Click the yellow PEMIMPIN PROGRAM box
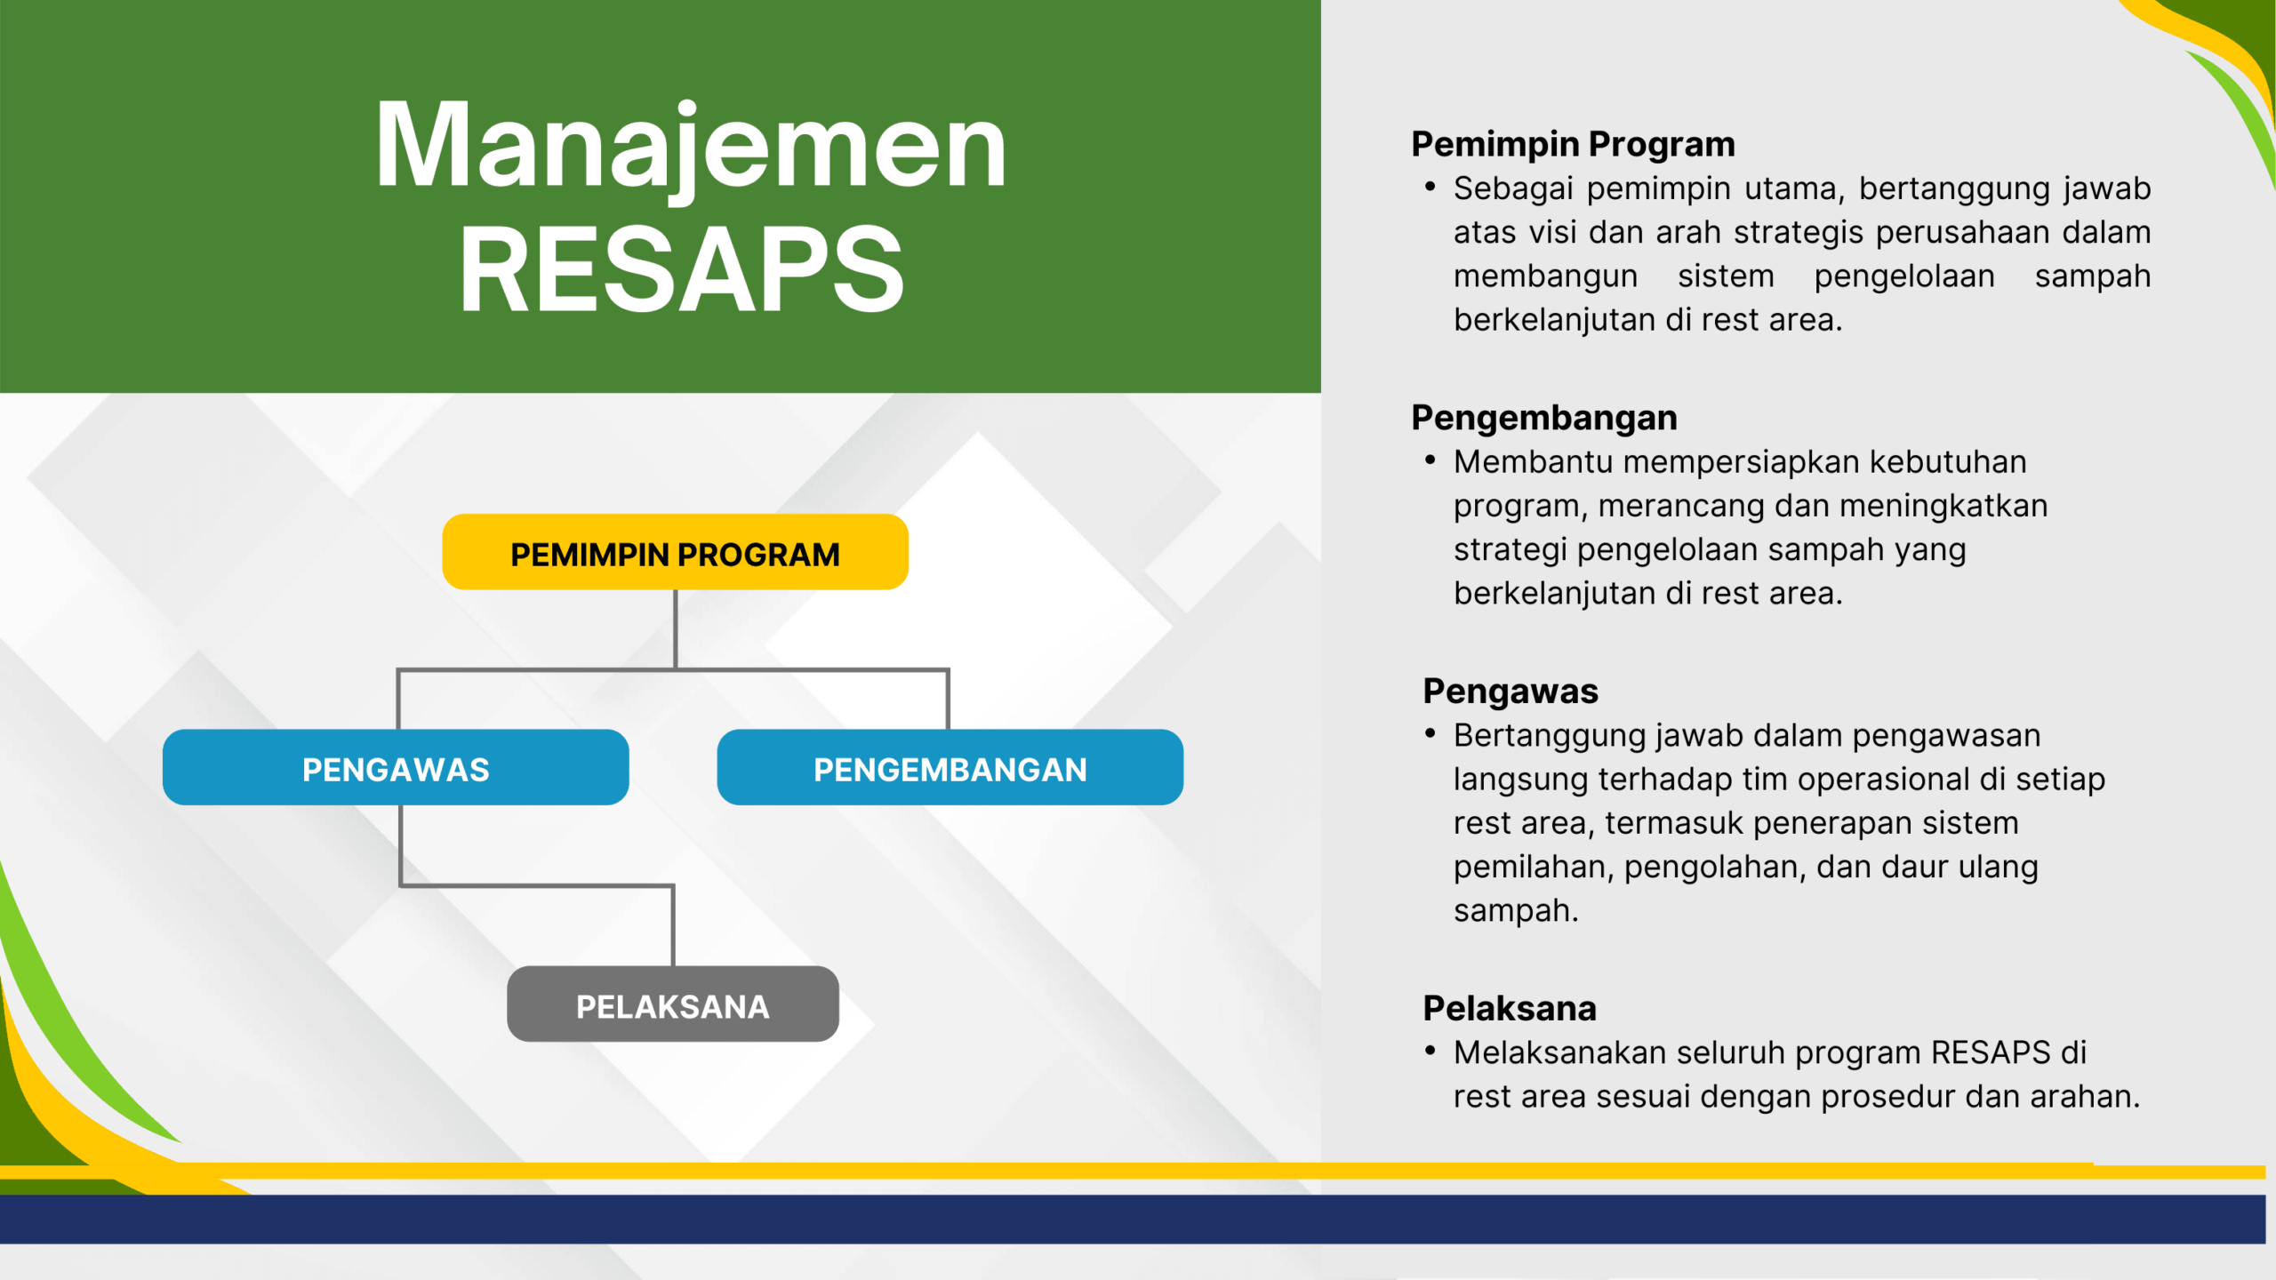(675, 552)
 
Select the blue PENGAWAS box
(396, 767)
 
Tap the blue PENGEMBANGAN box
(950, 767)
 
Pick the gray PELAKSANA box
(673, 1004)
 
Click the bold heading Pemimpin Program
(1573, 144)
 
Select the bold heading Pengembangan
(1544, 418)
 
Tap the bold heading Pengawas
(1511, 692)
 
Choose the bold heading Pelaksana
(1510, 1008)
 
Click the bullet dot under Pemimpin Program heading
(1430, 187)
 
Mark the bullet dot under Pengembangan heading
(1430, 460)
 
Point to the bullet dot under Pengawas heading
(1430, 733)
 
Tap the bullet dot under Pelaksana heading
(1430, 1051)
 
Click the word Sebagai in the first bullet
(1513, 189)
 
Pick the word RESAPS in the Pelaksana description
(1991, 1052)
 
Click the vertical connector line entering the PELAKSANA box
(673, 925)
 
